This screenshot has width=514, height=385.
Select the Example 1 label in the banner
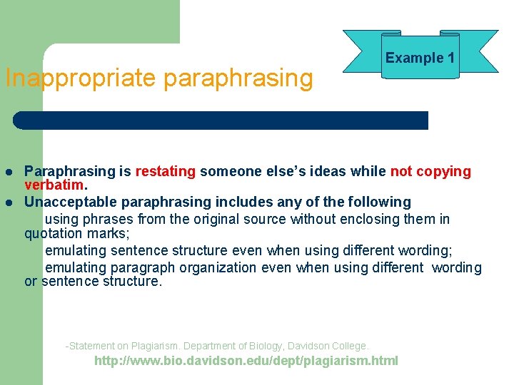tap(420, 58)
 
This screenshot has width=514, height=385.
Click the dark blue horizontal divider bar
tap(221, 120)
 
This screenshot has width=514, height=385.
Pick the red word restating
tap(166, 171)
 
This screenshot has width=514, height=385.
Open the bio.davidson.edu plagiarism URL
tap(246, 361)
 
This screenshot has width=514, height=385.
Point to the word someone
tap(229, 171)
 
